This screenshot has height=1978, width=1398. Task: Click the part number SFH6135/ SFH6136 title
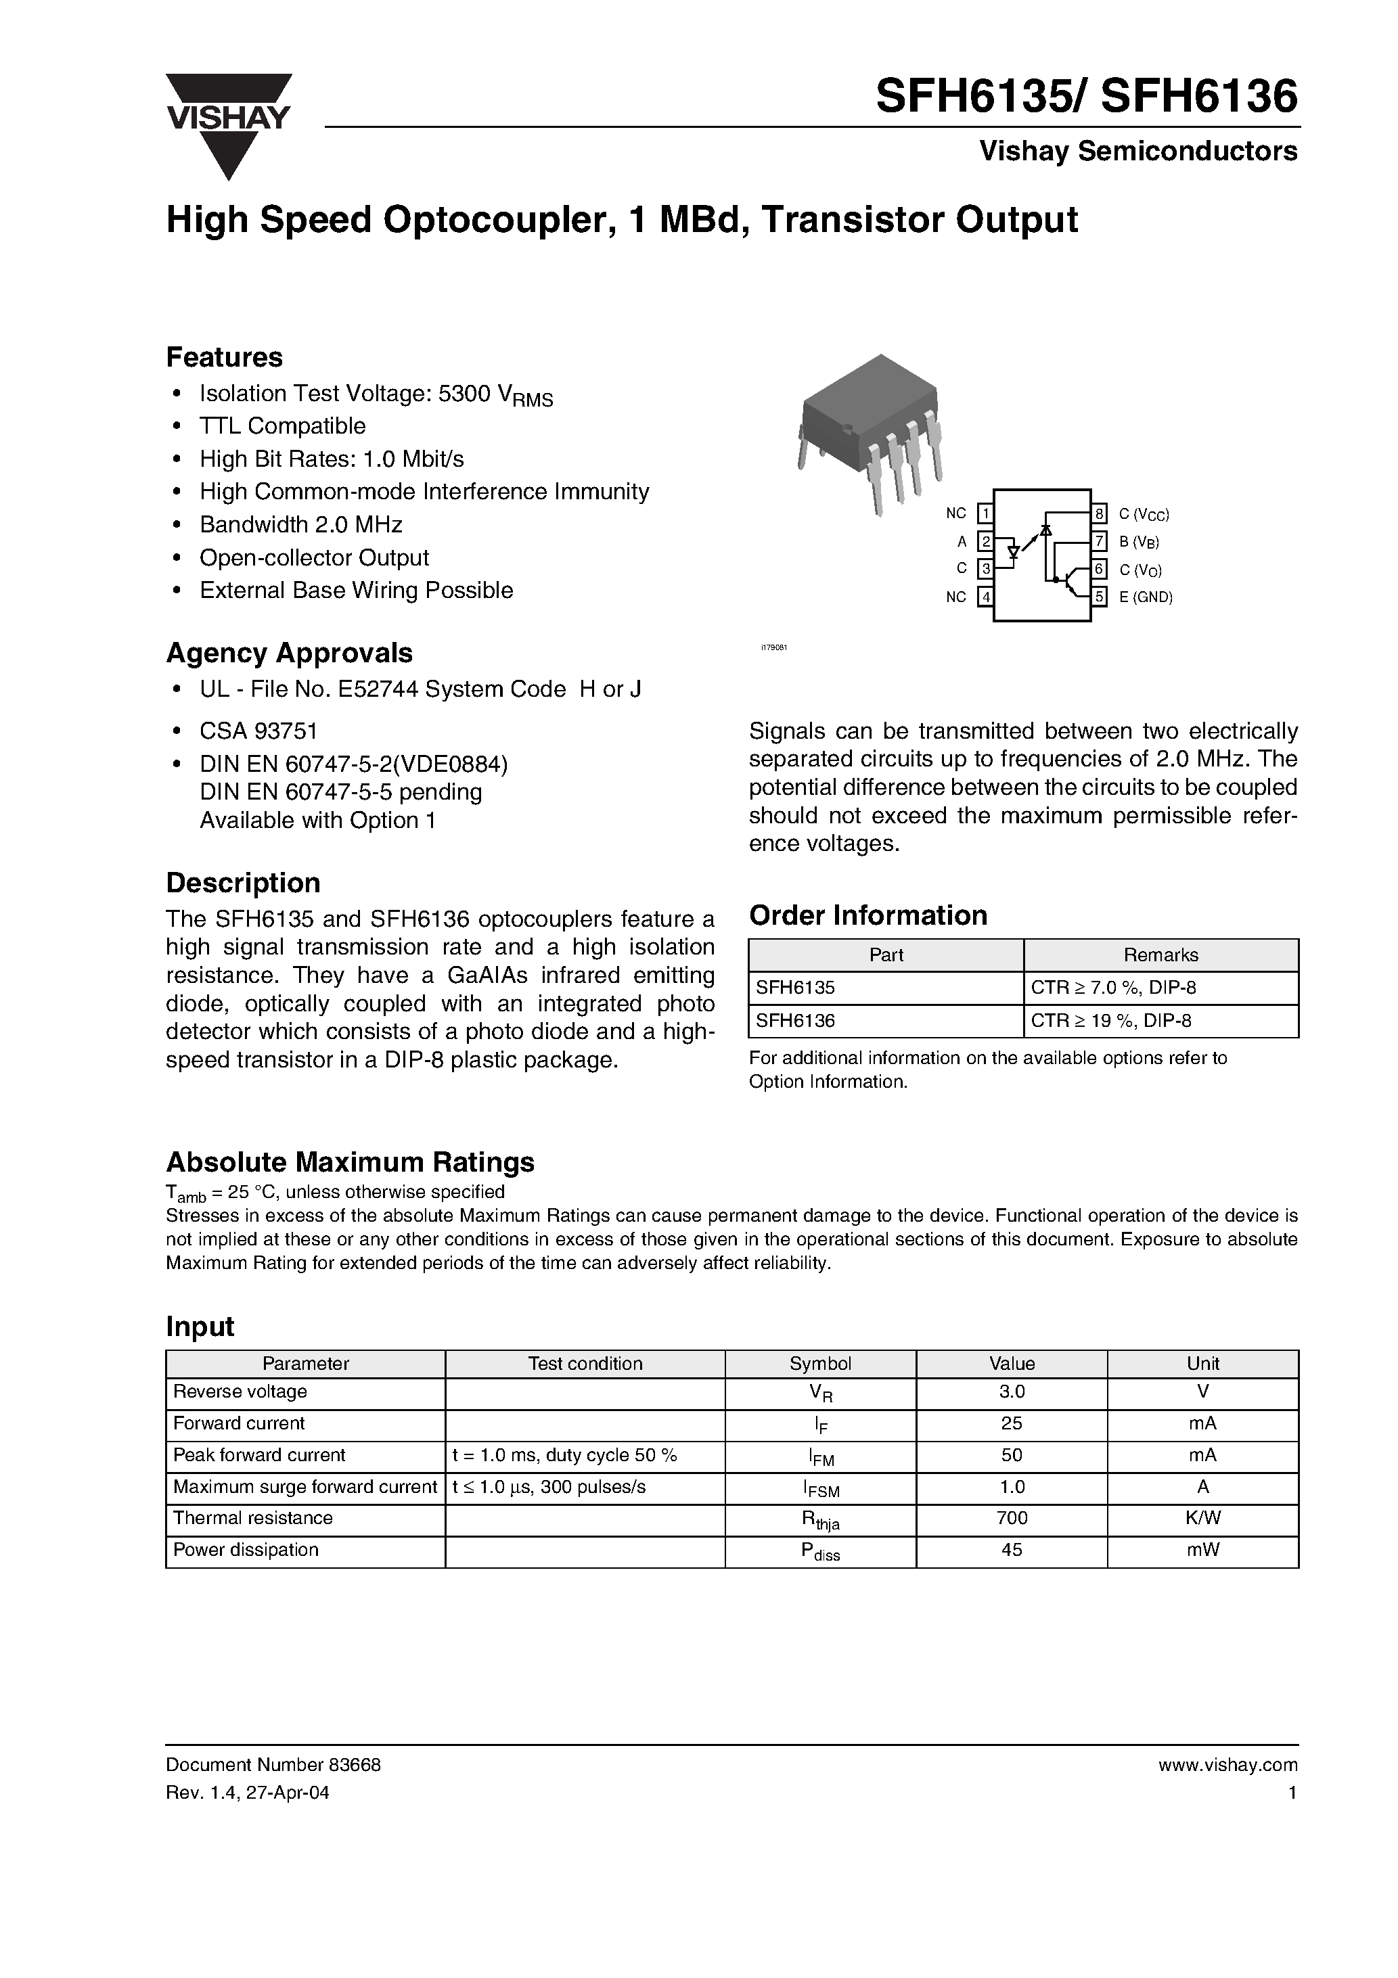(1086, 97)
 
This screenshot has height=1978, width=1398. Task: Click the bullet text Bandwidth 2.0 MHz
(301, 525)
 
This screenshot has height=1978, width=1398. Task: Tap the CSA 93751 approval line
(258, 731)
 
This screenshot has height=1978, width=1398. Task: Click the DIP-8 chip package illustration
(870, 431)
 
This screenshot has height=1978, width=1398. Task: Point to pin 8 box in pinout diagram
(1100, 514)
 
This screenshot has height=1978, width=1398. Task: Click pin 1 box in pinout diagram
(985, 514)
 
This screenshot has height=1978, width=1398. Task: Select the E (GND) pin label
(1146, 597)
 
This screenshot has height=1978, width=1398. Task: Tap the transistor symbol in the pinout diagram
(1073, 582)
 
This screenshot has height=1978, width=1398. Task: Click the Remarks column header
(1160, 955)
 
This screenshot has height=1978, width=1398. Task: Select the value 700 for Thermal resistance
(1011, 1518)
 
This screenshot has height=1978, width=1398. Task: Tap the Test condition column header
(585, 1364)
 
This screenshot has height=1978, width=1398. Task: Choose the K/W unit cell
(1202, 1518)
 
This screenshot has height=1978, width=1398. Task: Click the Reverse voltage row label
(240, 1391)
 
